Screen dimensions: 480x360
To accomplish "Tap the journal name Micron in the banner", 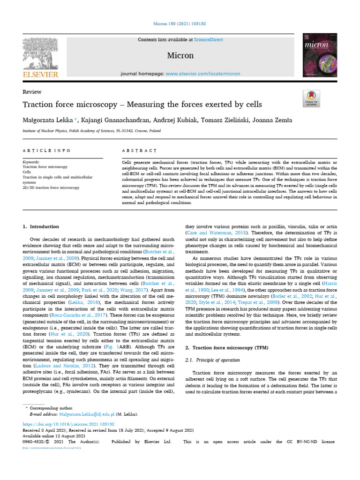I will (180, 55).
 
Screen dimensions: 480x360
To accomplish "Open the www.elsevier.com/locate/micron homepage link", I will (202, 74).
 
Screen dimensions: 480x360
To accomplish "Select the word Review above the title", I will (32, 92).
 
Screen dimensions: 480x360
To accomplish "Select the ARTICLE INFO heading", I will (47, 150).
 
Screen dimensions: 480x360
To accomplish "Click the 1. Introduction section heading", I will (41, 226).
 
